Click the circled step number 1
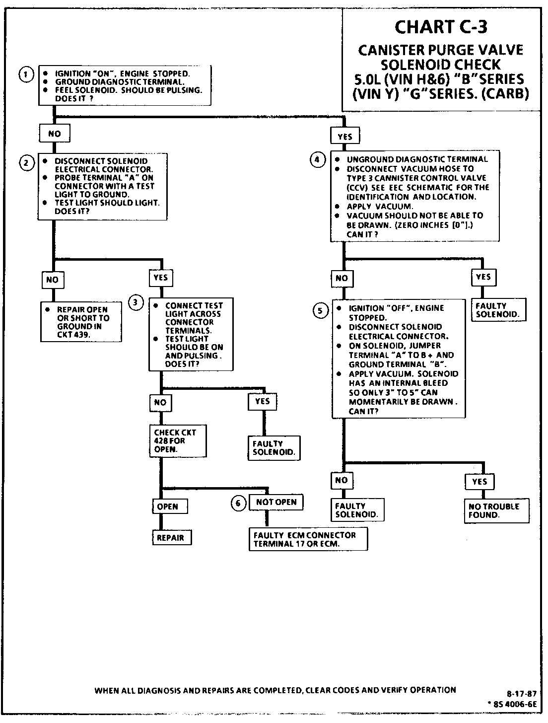(x=26, y=75)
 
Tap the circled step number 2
(x=26, y=162)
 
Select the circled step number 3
(x=136, y=302)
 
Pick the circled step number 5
(x=320, y=311)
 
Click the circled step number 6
(x=238, y=504)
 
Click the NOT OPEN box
(x=276, y=502)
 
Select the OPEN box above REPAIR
(x=168, y=506)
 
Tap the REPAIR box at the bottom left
(x=170, y=537)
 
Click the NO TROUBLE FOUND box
(x=496, y=510)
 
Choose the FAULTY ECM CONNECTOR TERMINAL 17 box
(x=308, y=539)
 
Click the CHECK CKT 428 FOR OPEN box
(x=177, y=440)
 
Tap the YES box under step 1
(x=345, y=137)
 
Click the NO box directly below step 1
(x=55, y=134)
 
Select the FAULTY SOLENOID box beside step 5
(x=497, y=310)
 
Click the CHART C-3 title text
(x=440, y=27)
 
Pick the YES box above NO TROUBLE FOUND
(x=480, y=482)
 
